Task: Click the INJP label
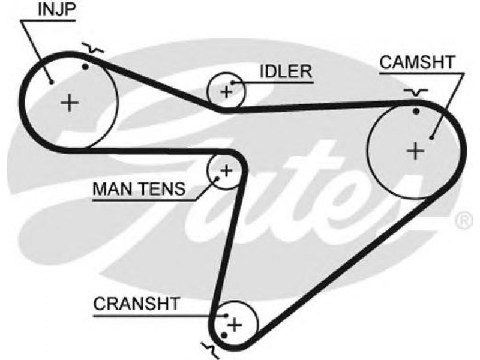(56, 10)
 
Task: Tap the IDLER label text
(286, 71)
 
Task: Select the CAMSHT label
(417, 62)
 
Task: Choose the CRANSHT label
(136, 304)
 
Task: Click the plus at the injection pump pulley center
(70, 103)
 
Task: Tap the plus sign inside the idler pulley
(226, 92)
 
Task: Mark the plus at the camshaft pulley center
(415, 151)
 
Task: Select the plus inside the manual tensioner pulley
(227, 170)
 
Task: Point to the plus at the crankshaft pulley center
(235, 325)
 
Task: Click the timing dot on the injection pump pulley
(85, 67)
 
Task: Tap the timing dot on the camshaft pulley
(416, 112)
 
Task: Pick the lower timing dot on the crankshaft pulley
(224, 336)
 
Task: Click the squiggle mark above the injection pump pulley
(93, 49)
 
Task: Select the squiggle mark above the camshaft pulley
(415, 92)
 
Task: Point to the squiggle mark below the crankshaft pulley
(211, 350)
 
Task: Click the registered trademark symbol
(465, 221)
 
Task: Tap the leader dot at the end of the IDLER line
(232, 82)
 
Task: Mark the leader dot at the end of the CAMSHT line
(431, 138)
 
